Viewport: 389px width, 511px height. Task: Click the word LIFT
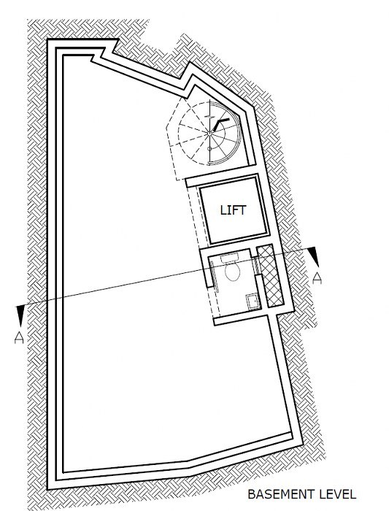coord(233,210)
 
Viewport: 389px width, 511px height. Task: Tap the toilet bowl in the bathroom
coord(232,272)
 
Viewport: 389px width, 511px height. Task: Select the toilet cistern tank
coord(230,258)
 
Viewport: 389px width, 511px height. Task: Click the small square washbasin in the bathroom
coord(253,301)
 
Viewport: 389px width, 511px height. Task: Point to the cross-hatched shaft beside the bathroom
coord(270,276)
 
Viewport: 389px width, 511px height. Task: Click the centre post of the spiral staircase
coord(209,133)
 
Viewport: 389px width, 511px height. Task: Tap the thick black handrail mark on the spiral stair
coord(220,124)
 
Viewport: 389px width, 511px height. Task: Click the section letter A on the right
coord(317,278)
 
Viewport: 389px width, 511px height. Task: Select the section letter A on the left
coord(19,337)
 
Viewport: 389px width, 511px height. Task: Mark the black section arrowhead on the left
coord(20,315)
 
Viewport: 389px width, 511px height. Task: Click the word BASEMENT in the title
coord(281,494)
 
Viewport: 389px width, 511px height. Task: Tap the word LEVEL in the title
coord(337,494)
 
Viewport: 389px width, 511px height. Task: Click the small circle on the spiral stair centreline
coord(209,149)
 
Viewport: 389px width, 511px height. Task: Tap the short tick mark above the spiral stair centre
coord(209,115)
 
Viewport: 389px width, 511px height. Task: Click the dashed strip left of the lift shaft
coord(198,218)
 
